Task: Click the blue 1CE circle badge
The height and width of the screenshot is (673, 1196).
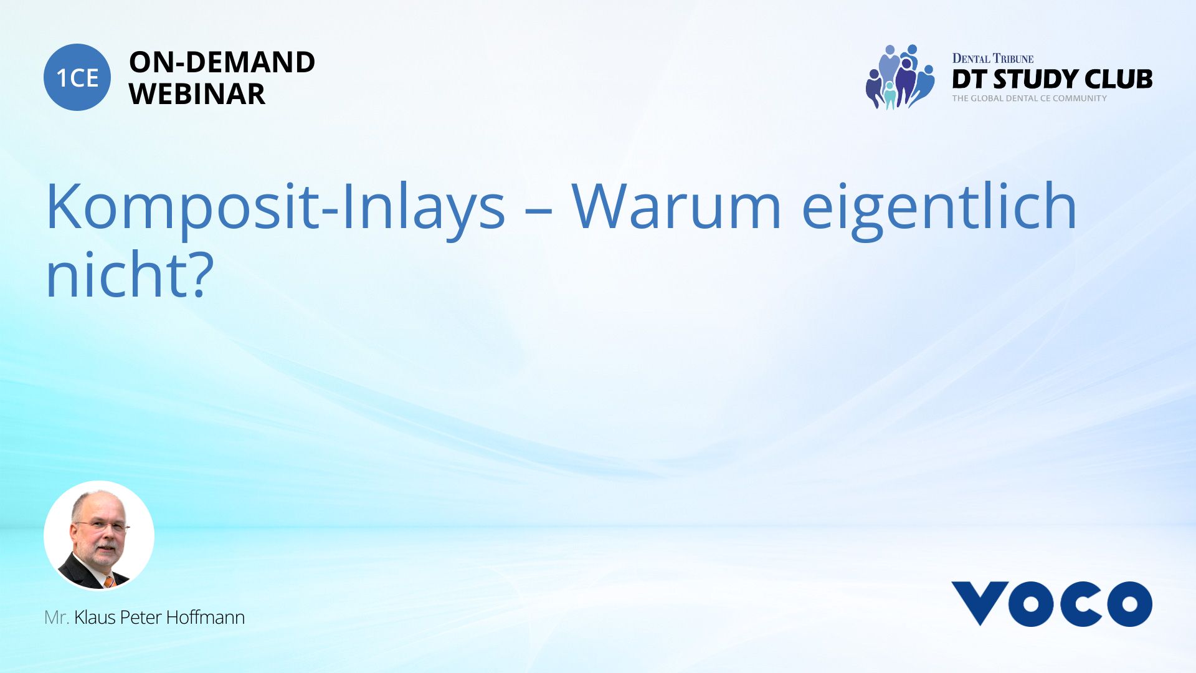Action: (77, 77)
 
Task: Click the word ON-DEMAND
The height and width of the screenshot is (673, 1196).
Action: (222, 62)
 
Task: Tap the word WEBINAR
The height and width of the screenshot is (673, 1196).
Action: (197, 94)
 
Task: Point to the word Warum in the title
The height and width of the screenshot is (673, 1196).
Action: (676, 206)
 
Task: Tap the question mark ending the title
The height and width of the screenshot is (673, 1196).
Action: (199, 274)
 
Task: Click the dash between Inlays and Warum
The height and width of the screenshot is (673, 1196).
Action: (538, 212)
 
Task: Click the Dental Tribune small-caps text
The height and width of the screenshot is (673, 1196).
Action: (992, 59)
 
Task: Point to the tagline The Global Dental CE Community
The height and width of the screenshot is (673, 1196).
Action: (1029, 98)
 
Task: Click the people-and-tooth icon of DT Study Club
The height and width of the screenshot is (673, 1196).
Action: (900, 77)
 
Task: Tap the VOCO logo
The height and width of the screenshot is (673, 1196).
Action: (1051, 603)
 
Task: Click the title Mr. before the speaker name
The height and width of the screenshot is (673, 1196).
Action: (56, 618)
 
